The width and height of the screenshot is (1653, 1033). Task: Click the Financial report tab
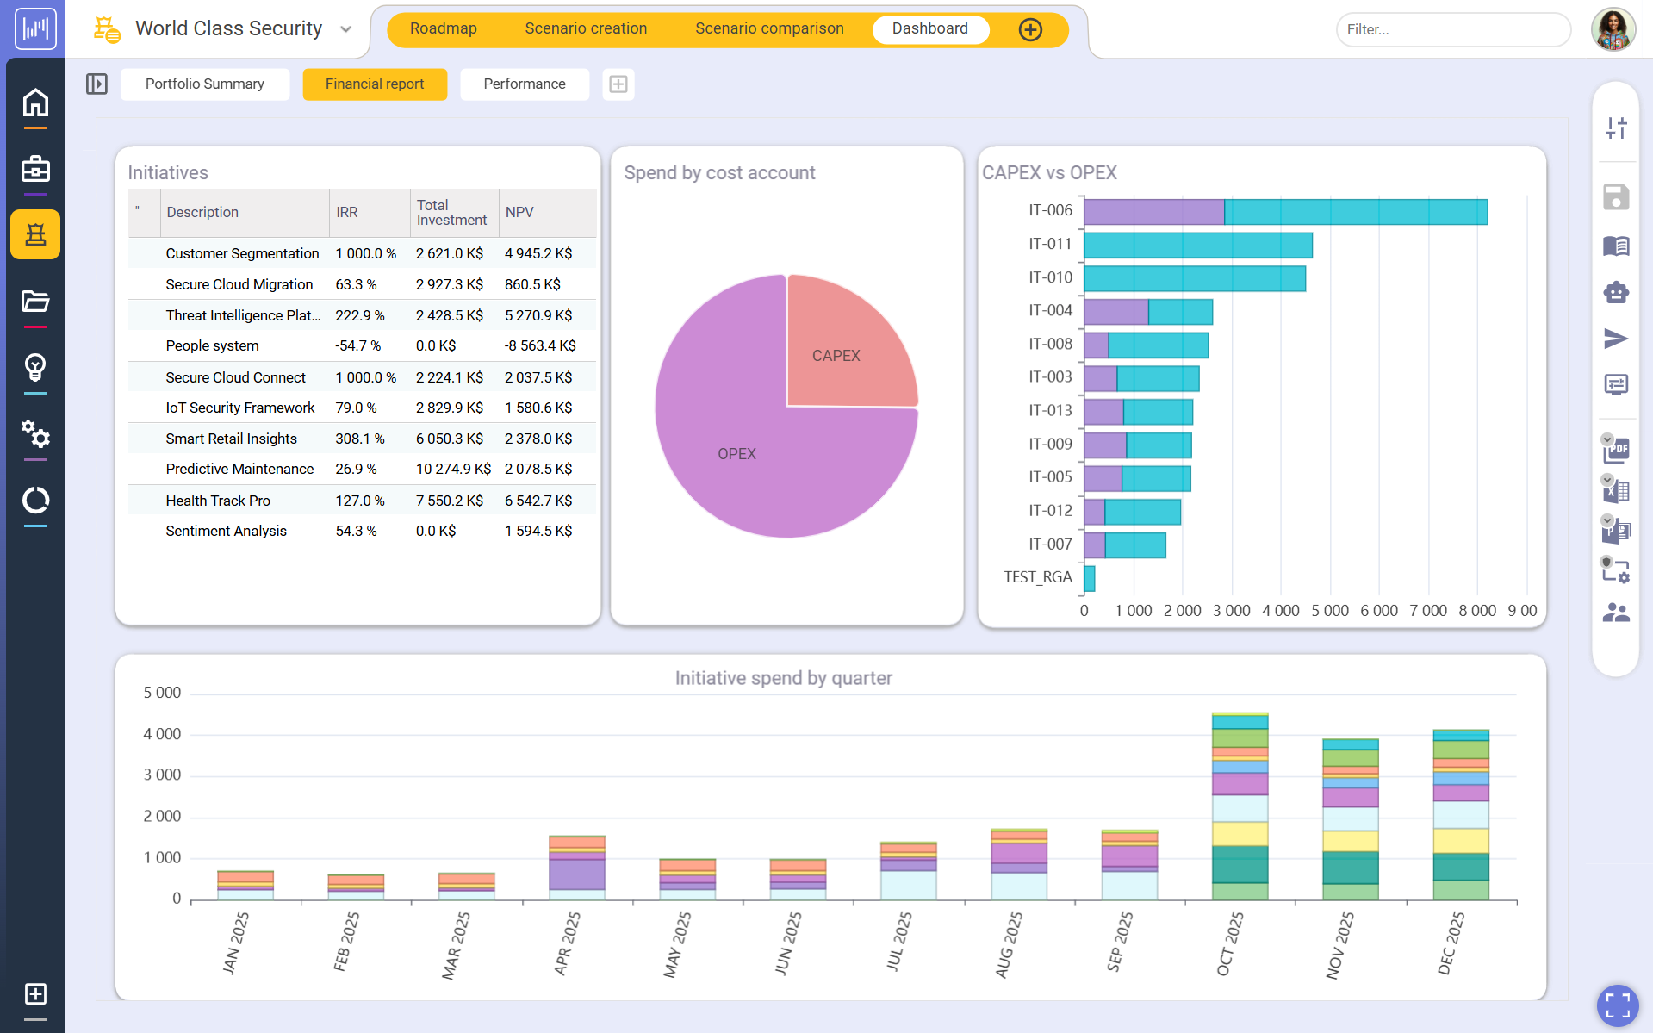point(375,84)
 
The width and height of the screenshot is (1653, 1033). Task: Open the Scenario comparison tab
point(769,28)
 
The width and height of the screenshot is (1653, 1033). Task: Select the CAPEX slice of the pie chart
point(844,345)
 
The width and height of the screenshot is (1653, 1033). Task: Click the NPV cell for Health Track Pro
point(538,501)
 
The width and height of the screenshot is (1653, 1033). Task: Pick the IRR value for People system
point(357,345)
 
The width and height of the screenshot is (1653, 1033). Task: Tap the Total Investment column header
point(451,212)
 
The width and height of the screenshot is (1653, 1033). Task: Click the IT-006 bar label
point(1050,210)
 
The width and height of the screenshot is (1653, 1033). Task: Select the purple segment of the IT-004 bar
point(1115,312)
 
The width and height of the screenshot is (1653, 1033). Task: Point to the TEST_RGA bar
point(1090,578)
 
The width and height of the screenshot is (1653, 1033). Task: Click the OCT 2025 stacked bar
point(1240,806)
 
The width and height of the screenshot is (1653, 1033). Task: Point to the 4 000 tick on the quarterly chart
point(162,734)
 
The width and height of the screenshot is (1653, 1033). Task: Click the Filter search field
point(1452,29)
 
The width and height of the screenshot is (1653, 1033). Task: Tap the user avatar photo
point(1613,29)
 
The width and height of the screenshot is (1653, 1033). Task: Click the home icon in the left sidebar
point(35,103)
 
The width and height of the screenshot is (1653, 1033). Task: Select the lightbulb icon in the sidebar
point(35,367)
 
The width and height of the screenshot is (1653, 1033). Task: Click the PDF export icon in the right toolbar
point(1616,449)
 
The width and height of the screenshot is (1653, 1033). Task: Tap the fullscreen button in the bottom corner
point(1617,1005)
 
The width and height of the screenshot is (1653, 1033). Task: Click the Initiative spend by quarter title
point(783,678)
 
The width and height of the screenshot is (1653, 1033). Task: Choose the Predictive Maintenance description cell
point(239,469)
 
